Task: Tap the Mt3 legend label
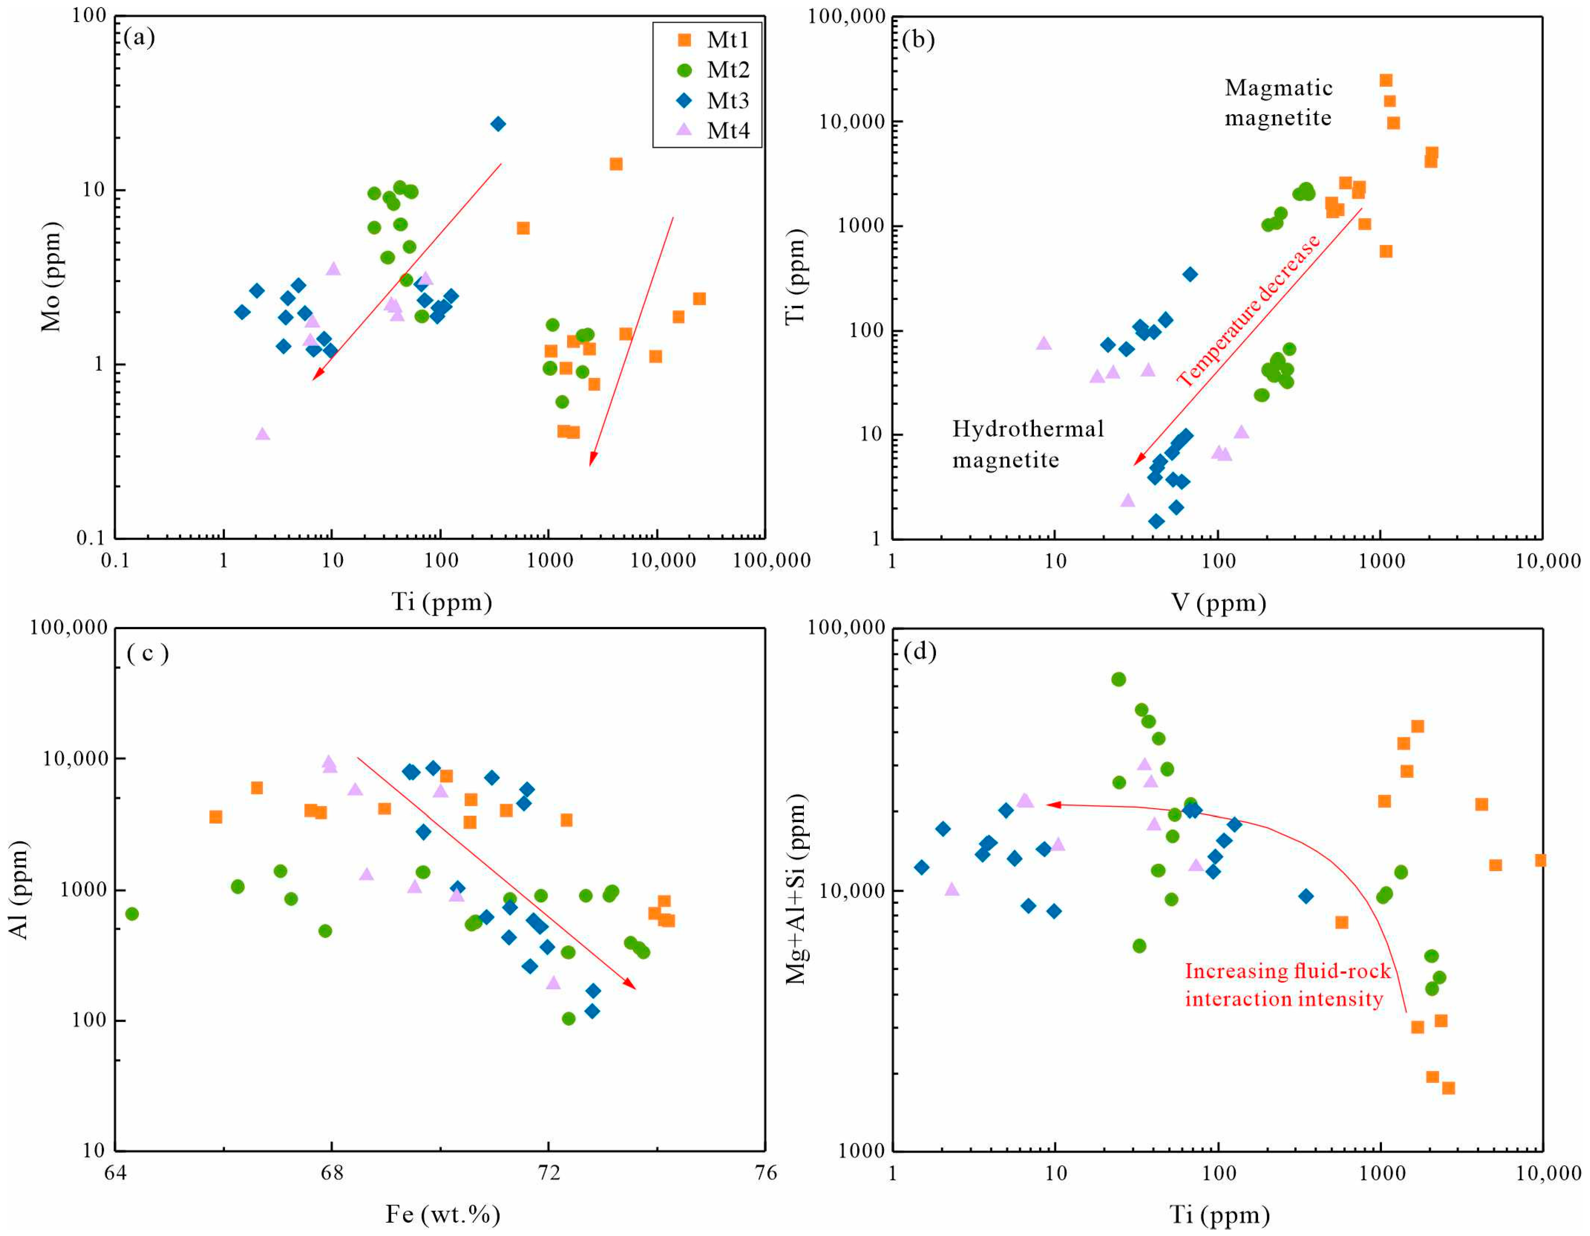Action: [x=728, y=100]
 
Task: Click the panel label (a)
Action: [x=139, y=37]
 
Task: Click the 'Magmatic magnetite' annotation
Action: [x=1279, y=103]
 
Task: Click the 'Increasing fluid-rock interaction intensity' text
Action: [x=1287, y=985]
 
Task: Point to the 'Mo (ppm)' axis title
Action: [x=51, y=277]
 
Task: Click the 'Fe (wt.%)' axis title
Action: [x=443, y=1214]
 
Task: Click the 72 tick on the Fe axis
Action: [x=548, y=1173]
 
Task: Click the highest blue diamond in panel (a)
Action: [x=498, y=124]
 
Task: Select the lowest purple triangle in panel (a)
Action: [x=263, y=434]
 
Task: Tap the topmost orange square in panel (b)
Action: [x=1386, y=80]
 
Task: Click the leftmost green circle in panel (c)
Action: [x=132, y=914]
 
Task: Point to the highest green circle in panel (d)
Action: [x=1119, y=680]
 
